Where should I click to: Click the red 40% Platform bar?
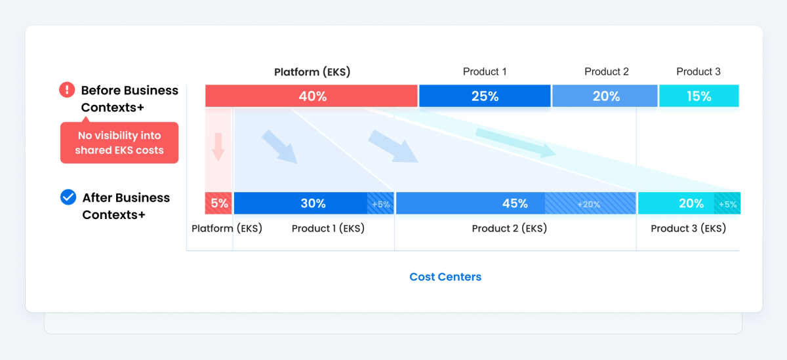[312, 96]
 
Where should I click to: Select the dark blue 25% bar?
[485, 96]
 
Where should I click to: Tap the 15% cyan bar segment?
[699, 96]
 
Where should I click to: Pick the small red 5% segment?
[218, 203]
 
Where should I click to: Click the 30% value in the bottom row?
[313, 203]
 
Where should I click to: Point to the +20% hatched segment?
[590, 203]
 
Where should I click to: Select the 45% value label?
[515, 203]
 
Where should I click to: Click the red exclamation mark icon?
[67, 90]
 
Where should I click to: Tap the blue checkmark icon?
[68, 197]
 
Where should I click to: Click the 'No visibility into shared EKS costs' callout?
[119, 142]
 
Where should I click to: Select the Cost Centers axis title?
[445, 277]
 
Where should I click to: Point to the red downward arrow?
[218, 147]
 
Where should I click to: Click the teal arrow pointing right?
[515, 142]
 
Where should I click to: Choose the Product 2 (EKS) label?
[510, 228]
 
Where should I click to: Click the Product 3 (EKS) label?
[688, 228]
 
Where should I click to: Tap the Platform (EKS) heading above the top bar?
[312, 72]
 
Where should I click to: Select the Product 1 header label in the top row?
[485, 71]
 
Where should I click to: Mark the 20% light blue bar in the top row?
[605, 96]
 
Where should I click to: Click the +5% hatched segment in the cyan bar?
[727, 203]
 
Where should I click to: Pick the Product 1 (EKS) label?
[328, 228]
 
